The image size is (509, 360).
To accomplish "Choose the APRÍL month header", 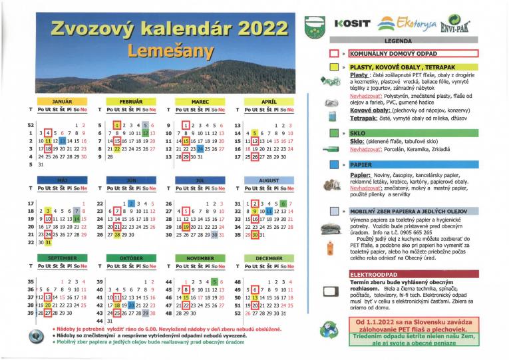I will point(269,101).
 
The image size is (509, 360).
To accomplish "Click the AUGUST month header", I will point(269,180).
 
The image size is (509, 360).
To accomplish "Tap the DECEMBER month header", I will point(269,258).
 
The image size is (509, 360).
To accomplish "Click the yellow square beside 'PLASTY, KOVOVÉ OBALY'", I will point(334,67).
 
